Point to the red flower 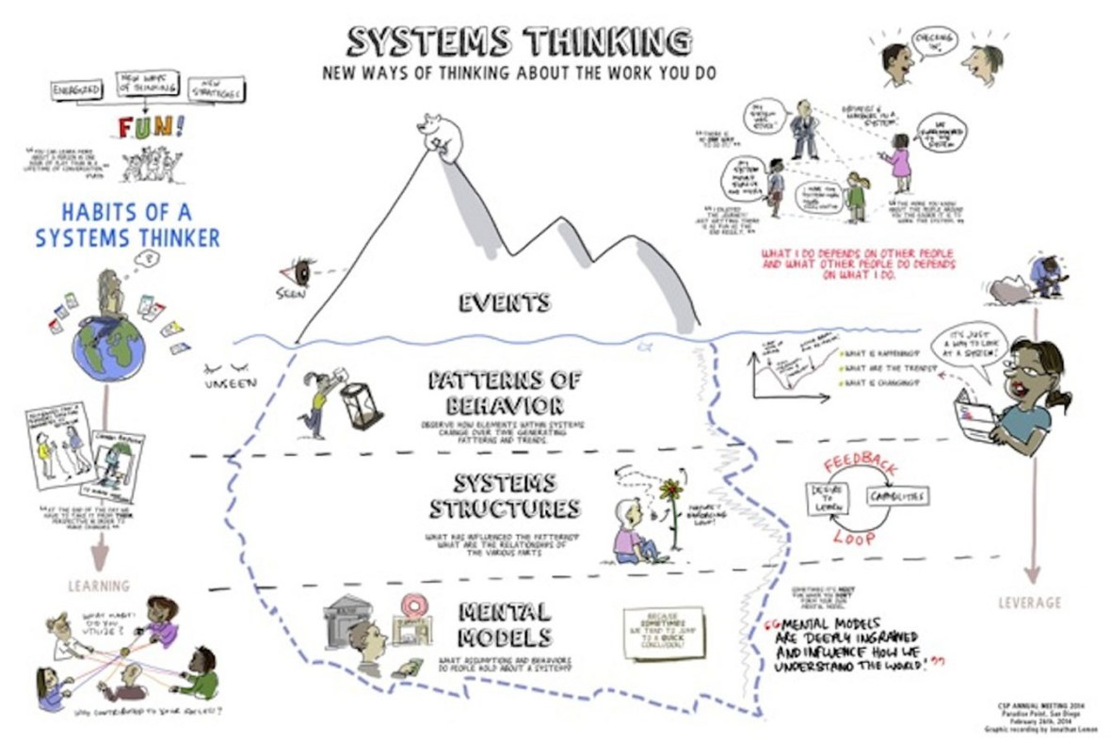click(x=670, y=490)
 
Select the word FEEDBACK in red click(x=861, y=465)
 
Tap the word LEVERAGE click(x=1029, y=602)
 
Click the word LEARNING click(x=98, y=586)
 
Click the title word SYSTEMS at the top click(x=429, y=41)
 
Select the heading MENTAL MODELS click(x=502, y=623)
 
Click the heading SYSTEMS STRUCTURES click(x=504, y=495)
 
